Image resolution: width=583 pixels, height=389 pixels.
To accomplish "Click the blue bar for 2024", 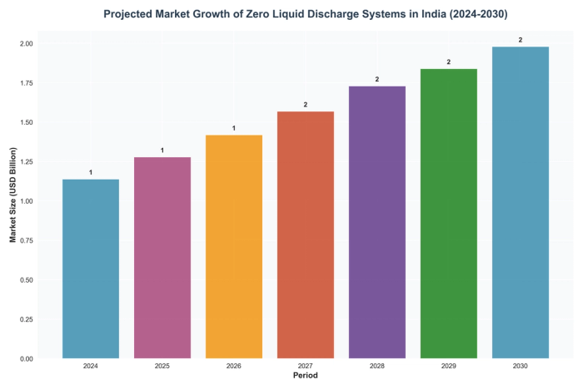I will click(91, 268).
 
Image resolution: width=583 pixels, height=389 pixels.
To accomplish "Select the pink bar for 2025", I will click(162, 258).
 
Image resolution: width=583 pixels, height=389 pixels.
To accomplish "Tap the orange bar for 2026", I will click(234, 247).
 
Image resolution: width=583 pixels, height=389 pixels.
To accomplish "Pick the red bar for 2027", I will click(306, 234).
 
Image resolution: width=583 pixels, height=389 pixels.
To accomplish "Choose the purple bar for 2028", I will click(377, 222).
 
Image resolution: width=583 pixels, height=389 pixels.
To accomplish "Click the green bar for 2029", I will click(449, 214).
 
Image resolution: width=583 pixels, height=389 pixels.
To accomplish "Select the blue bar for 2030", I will click(521, 202).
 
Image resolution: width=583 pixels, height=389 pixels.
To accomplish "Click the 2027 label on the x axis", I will click(306, 367).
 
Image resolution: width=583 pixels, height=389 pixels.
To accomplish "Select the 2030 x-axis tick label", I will click(521, 367).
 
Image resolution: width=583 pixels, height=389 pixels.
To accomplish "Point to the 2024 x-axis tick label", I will click(91, 367).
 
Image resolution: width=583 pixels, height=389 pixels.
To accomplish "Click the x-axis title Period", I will click(306, 377).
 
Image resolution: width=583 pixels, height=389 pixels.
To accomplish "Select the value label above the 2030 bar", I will click(521, 39).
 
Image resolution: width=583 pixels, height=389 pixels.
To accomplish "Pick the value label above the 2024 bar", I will click(91, 172).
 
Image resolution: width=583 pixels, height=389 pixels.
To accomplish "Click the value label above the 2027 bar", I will click(306, 104).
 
